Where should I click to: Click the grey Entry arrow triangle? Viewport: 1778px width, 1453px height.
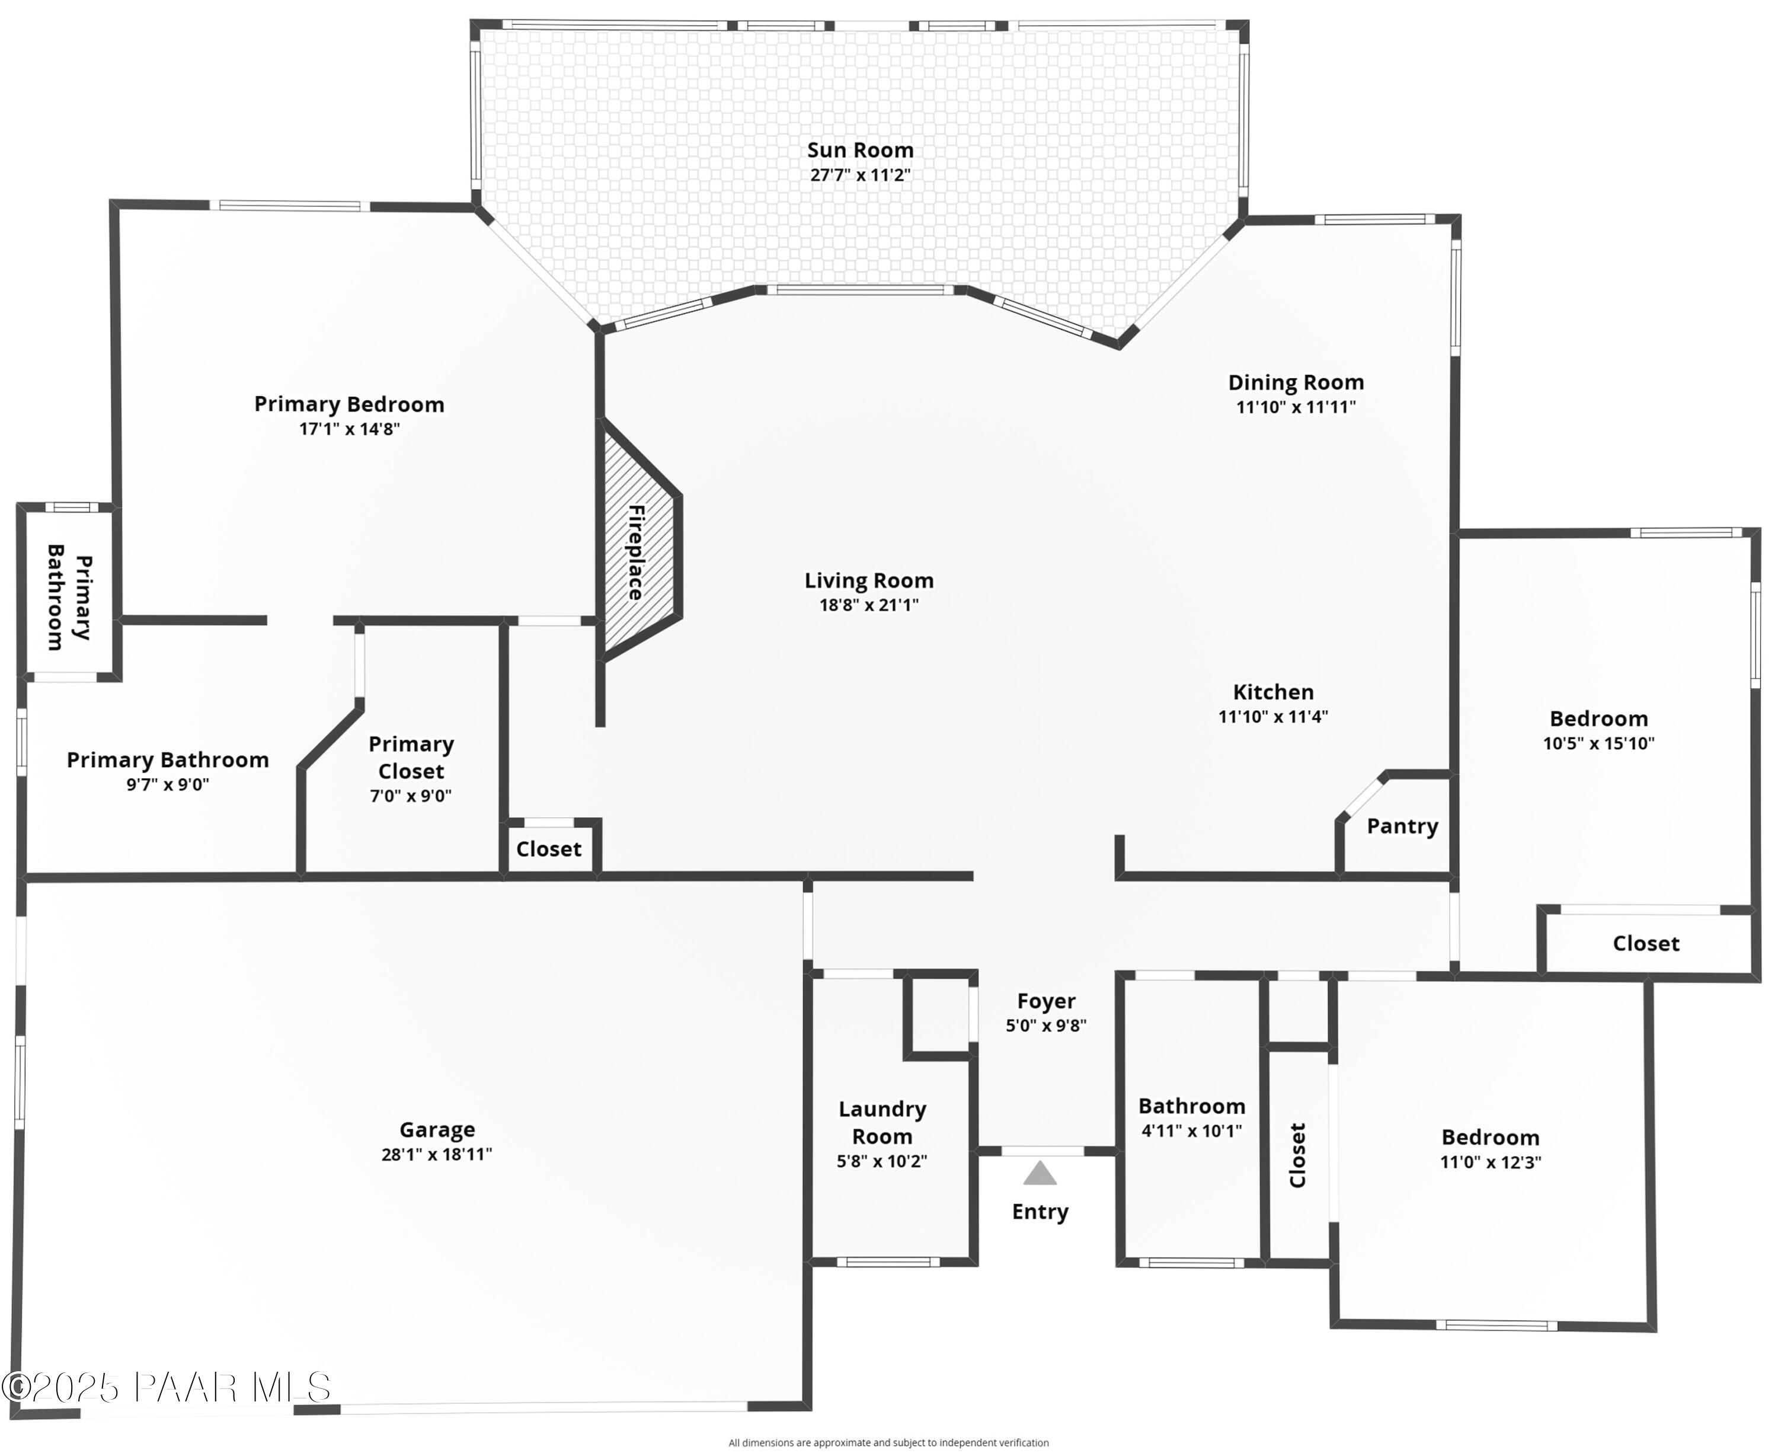[x=1040, y=1174]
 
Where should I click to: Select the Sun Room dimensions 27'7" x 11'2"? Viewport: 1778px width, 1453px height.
[x=860, y=175]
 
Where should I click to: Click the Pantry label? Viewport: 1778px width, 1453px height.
[x=1402, y=826]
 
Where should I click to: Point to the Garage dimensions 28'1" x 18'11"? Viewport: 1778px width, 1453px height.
[x=437, y=1154]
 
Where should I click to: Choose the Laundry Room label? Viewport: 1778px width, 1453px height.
[x=882, y=1122]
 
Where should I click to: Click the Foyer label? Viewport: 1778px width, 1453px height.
[x=1046, y=1001]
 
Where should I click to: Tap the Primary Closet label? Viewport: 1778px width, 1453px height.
[x=411, y=758]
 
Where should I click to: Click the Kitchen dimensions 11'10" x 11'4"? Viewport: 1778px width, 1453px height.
[x=1272, y=717]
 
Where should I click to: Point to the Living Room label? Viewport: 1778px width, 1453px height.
[x=868, y=581]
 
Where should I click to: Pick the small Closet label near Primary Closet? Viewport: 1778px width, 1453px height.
[x=548, y=850]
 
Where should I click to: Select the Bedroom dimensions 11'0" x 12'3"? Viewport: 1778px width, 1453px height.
[x=1490, y=1162]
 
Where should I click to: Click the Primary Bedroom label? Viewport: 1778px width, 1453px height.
[x=349, y=404]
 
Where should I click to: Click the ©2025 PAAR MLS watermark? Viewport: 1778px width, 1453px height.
[x=167, y=1388]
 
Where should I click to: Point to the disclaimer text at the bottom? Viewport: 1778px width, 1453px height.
[x=888, y=1443]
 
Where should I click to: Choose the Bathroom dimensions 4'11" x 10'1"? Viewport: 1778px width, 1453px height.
[x=1191, y=1131]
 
